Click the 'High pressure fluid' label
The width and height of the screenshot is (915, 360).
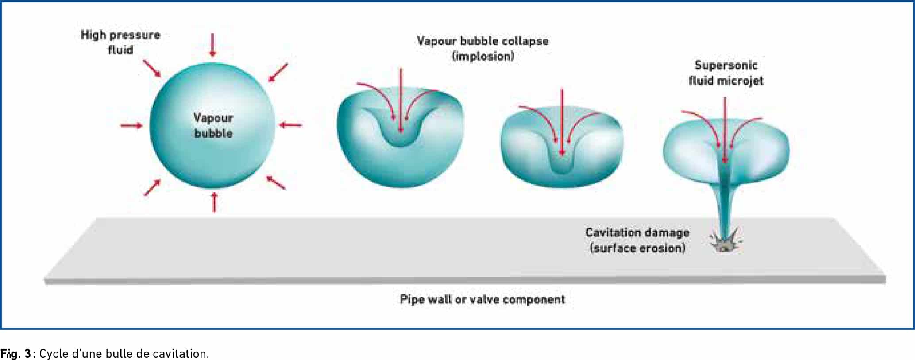120,43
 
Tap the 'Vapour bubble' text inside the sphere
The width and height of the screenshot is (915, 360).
213,125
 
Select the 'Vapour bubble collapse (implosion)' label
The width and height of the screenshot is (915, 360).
483,49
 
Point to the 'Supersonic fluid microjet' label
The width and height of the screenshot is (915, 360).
726,73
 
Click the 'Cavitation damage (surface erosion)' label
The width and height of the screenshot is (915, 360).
637,240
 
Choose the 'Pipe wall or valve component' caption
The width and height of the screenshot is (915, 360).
483,300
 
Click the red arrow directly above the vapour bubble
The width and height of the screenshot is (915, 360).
213,45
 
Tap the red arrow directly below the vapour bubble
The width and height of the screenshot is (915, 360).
214,201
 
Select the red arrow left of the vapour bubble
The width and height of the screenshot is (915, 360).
131,126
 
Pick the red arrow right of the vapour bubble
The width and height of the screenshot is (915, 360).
290,125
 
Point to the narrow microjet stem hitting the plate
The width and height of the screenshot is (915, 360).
725,204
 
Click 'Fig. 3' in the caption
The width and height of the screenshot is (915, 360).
16,354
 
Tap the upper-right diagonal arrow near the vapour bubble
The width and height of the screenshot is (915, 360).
278,73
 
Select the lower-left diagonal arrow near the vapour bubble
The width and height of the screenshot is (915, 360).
152,187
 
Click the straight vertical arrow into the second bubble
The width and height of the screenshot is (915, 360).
401,101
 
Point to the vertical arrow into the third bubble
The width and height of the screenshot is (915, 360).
562,123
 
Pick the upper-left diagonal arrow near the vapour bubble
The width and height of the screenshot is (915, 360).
152,69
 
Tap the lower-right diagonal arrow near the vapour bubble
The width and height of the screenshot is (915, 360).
275,182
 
